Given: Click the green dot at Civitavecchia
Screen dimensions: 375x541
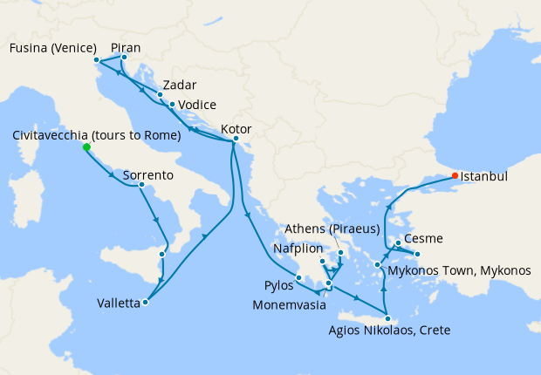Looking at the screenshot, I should (86, 147).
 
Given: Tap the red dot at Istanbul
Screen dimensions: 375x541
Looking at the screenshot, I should (454, 176).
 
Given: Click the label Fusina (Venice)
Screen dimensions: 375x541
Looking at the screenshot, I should (52, 48).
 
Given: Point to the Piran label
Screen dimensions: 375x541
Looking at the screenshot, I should (127, 48).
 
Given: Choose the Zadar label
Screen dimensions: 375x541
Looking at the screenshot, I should (179, 85).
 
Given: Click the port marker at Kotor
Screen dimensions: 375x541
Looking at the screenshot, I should (236, 139).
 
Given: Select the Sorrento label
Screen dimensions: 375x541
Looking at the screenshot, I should (148, 175).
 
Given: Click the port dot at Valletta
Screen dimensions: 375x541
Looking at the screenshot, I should (145, 303).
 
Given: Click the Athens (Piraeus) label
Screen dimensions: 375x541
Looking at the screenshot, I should (334, 229).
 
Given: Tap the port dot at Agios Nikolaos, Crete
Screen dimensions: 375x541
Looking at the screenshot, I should (388, 318).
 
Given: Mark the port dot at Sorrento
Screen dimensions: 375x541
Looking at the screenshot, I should (142, 184).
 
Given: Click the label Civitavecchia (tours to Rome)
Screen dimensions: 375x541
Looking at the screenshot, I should (97, 135).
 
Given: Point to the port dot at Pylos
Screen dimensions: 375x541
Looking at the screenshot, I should (299, 277).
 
